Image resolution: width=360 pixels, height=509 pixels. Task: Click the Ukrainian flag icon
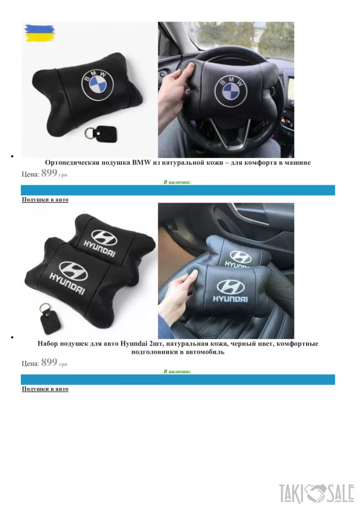40,33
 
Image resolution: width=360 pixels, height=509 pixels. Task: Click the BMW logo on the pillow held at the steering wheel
231,90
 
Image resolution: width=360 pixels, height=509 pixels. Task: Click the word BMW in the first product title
142,162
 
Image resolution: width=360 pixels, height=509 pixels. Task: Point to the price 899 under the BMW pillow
49,173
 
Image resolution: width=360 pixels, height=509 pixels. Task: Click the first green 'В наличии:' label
177,182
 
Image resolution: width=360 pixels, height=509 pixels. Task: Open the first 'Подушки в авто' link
45,200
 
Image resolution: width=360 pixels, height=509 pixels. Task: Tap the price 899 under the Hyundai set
49,362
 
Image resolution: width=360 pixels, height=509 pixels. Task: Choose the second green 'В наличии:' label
177,372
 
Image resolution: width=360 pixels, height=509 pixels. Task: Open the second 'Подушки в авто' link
45,389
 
